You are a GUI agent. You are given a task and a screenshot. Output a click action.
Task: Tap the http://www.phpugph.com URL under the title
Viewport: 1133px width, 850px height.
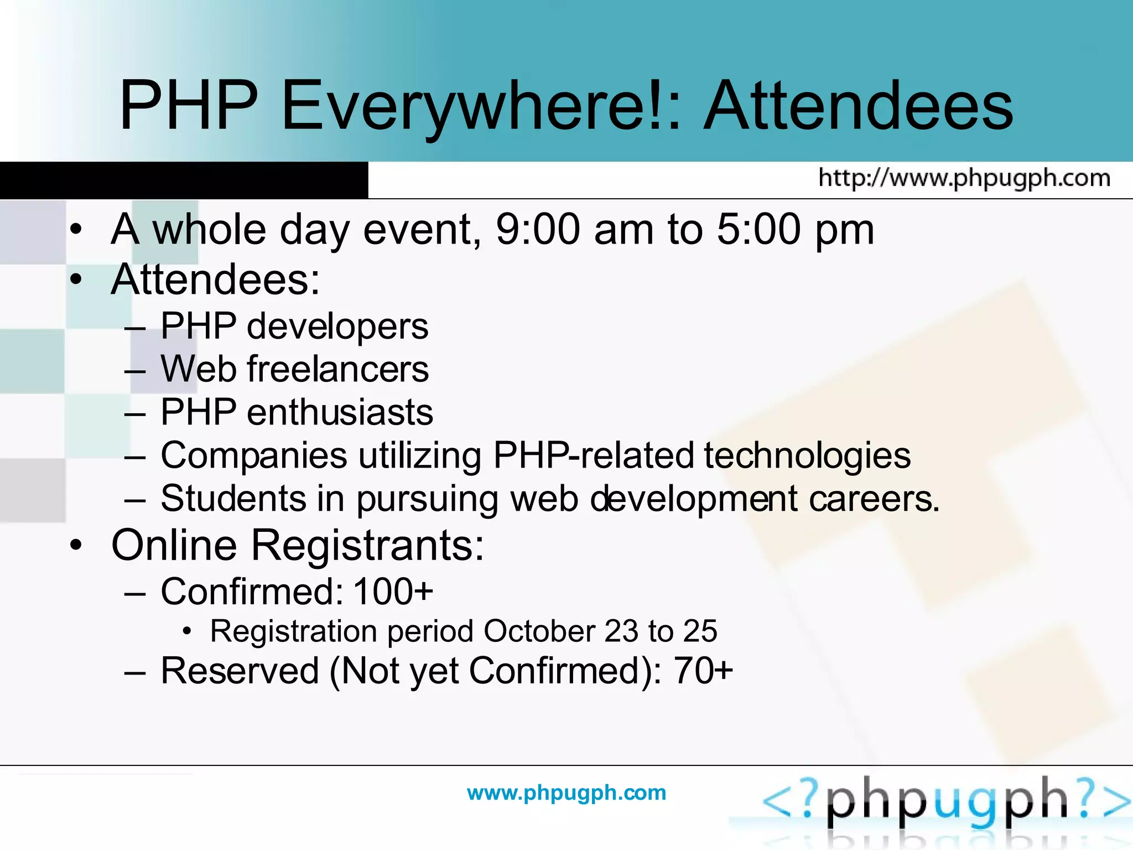pos(964,178)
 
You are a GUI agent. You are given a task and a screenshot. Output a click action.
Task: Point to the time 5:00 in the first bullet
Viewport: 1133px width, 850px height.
pos(758,229)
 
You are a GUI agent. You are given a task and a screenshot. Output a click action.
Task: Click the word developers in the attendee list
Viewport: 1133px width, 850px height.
pos(337,326)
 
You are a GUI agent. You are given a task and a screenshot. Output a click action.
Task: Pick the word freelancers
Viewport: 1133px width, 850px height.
pos(337,369)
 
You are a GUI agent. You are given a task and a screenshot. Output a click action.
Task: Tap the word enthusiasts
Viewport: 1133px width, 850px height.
pos(340,412)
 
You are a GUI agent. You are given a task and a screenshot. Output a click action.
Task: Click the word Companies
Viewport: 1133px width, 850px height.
pos(254,455)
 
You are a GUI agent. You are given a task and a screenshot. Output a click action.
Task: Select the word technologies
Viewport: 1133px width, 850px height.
pos(807,455)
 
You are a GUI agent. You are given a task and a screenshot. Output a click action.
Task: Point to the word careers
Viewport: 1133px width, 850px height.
pos(874,499)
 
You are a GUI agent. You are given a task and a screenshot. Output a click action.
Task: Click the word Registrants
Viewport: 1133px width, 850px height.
pos(367,546)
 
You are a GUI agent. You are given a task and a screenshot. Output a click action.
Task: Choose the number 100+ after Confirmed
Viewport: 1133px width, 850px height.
pos(393,592)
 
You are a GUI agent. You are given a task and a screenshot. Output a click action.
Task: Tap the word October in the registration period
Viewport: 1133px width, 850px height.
pos(539,631)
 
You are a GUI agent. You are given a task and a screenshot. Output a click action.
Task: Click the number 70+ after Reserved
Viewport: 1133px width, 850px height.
pos(703,671)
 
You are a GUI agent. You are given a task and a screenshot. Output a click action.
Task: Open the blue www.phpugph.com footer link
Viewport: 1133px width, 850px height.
pos(566,792)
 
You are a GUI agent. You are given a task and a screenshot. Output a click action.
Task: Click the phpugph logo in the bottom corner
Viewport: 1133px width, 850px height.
pos(946,802)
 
